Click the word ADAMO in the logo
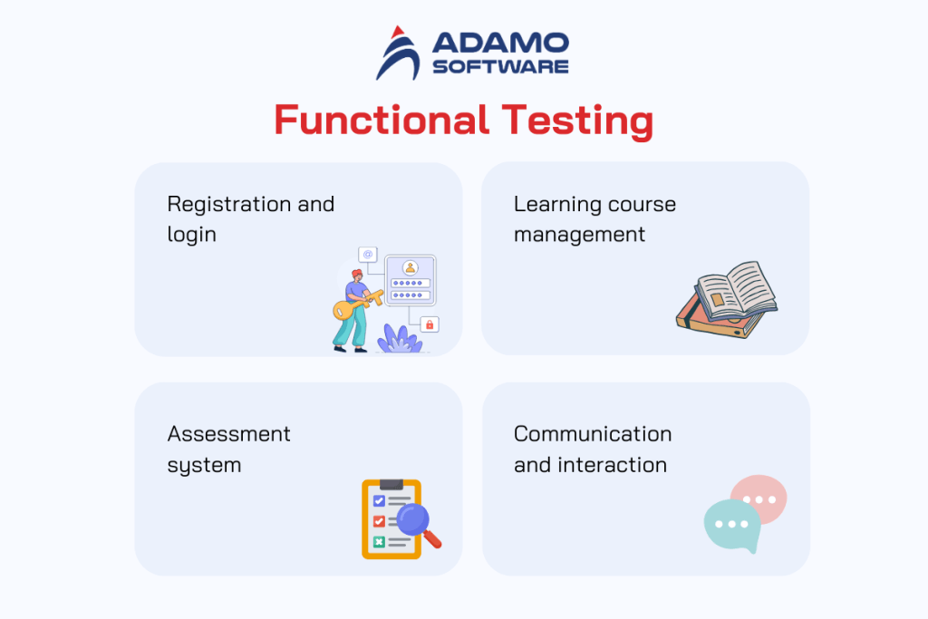500,43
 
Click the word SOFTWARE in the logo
500,66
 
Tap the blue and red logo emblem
397,53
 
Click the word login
191,234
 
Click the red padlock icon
430,324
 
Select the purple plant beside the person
399,339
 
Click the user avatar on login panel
410,267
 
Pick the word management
579,234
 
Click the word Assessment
228,434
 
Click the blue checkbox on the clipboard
379,500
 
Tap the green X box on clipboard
379,541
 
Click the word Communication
593,434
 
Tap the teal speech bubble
730,525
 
